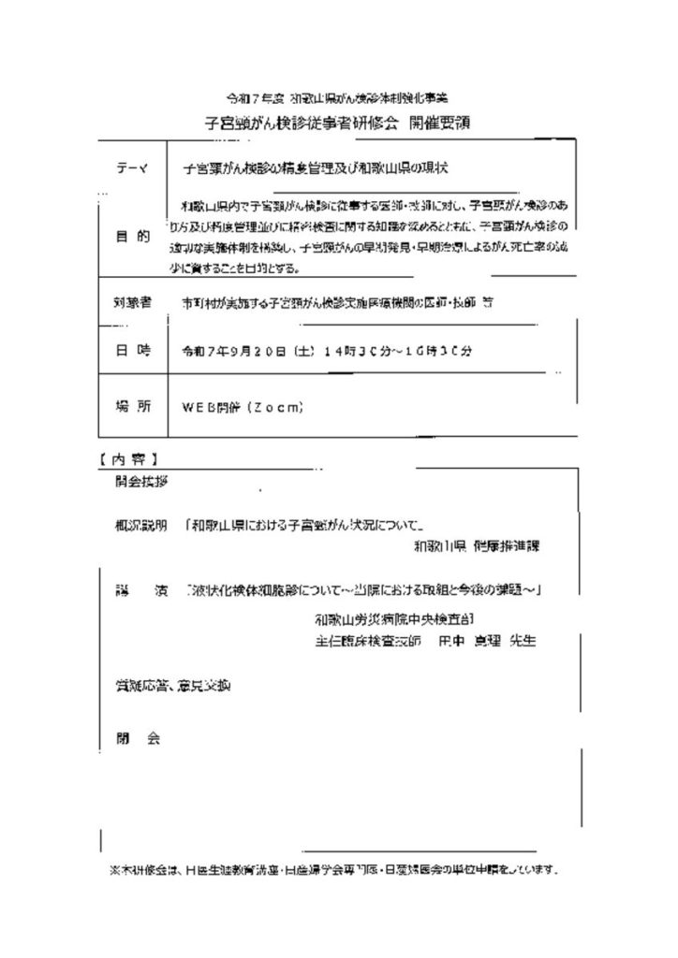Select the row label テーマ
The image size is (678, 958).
132,168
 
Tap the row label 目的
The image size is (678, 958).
132,237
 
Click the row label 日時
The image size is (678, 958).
132,353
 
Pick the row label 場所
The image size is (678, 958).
132,407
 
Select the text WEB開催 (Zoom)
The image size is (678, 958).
242,408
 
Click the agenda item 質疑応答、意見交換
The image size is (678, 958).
168,686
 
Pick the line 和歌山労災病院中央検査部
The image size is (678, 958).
394,619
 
